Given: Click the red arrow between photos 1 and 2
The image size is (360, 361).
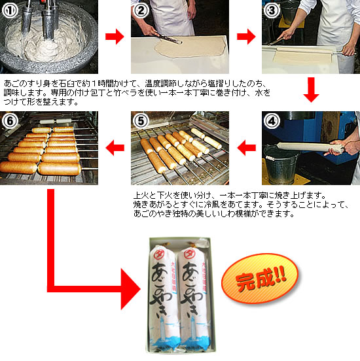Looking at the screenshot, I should click(x=115, y=37).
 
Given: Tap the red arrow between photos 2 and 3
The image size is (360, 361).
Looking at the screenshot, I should click(x=245, y=37).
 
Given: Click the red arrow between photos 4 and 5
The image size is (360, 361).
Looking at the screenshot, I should click(x=245, y=148).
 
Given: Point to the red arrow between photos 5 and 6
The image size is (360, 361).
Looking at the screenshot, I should click(x=115, y=148).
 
